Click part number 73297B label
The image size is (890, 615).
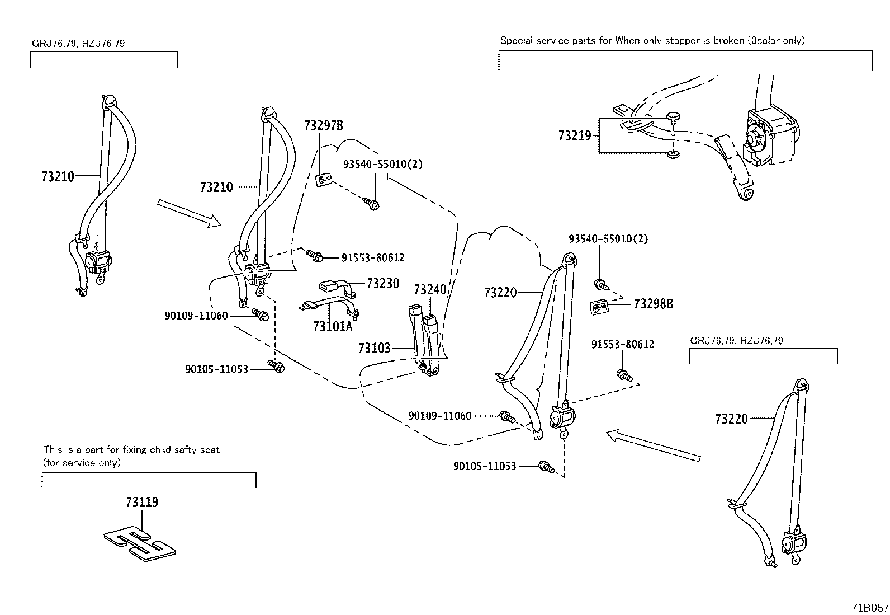click(323, 125)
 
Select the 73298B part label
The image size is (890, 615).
click(653, 304)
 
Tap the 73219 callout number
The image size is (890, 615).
click(574, 135)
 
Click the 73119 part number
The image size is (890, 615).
click(142, 502)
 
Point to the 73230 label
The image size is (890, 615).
click(383, 283)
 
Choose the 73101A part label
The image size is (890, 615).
click(333, 326)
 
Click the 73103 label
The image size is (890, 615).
click(374, 349)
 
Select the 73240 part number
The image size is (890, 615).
click(430, 289)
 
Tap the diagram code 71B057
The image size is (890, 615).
click(870, 607)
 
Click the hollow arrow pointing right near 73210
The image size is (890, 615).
click(189, 213)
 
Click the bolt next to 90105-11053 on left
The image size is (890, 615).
click(276, 367)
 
